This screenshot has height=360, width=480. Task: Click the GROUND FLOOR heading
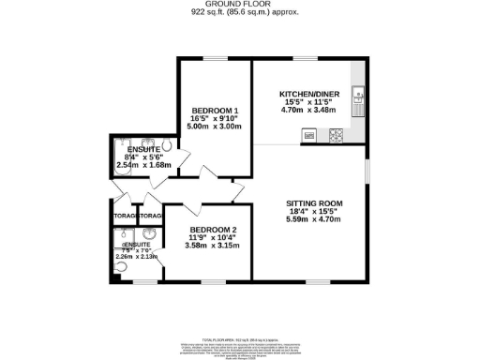click(x=239, y=5)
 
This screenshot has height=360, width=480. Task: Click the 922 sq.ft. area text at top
click(x=239, y=13)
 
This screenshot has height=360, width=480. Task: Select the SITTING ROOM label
click(x=314, y=203)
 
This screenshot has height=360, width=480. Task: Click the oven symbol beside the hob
click(x=307, y=135)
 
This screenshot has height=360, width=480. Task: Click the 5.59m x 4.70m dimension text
click(x=314, y=219)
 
